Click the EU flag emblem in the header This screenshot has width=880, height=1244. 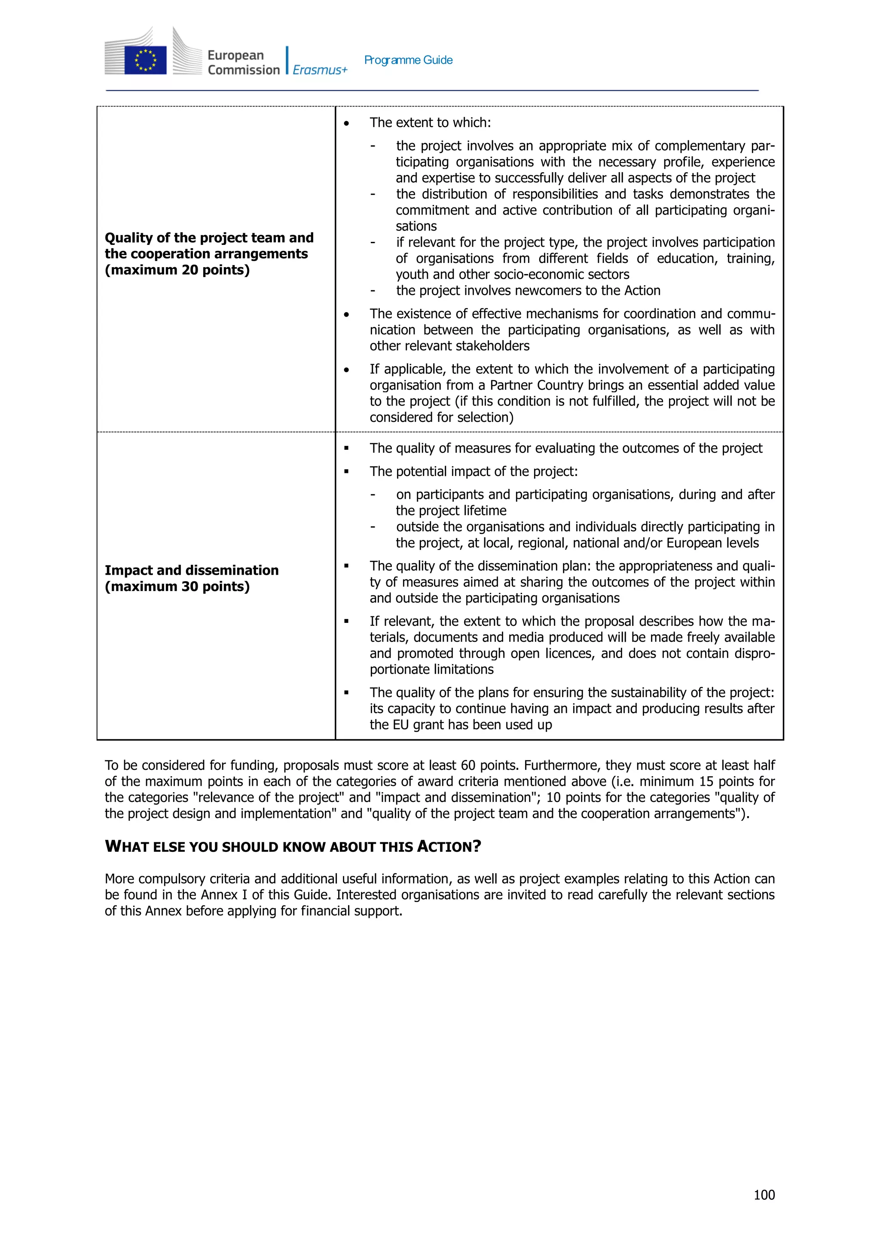[x=145, y=60]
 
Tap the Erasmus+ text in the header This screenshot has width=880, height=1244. [x=320, y=70]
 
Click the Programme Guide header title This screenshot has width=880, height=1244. [x=408, y=60]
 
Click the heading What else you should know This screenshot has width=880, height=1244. [x=293, y=846]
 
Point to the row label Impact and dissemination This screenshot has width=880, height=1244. [x=191, y=570]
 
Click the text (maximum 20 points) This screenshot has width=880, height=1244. [x=177, y=270]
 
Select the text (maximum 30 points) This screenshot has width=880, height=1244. [x=177, y=586]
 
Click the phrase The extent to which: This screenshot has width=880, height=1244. [x=430, y=122]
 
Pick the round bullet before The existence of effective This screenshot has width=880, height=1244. [x=346, y=315]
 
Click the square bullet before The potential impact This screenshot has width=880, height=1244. [x=346, y=472]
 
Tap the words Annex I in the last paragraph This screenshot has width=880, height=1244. [x=223, y=894]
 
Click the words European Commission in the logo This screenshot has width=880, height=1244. [x=243, y=62]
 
